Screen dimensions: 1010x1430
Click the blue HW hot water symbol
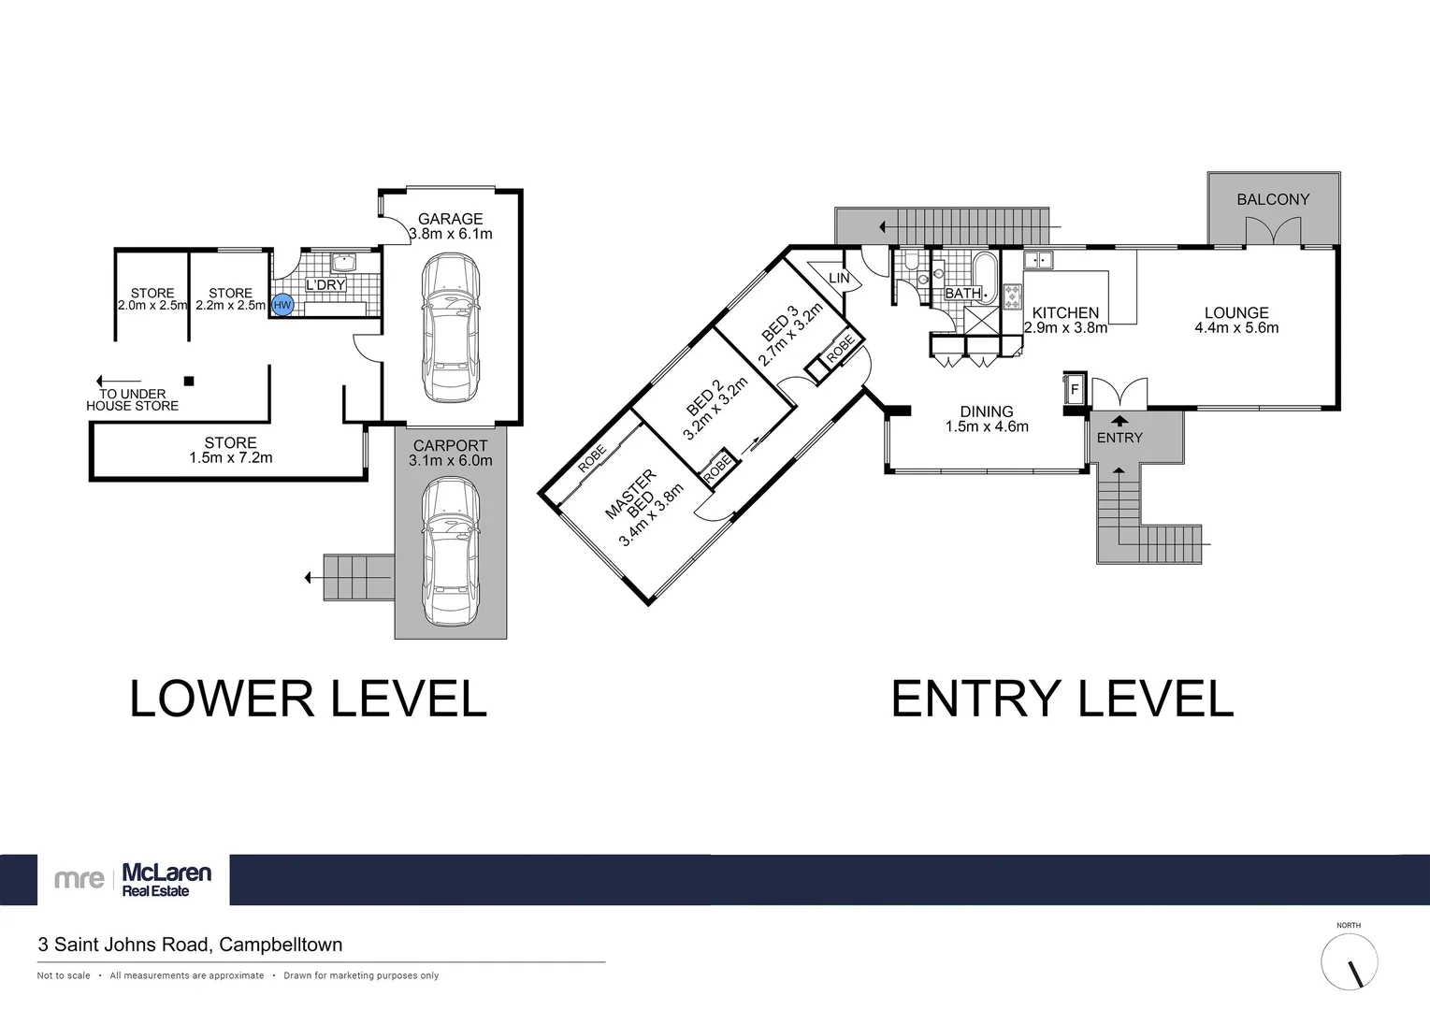pyautogui.click(x=282, y=305)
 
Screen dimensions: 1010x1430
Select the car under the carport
pyautogui.click(x=451, y=552)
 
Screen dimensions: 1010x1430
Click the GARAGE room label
pyautogui.click(x=450, y=219)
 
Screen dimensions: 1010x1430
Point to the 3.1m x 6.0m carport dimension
pyautogui.click(x=450, y=461)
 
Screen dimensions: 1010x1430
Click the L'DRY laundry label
pyautogui.click(x=325, y=285)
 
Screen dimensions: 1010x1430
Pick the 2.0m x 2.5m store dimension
pyautogui.click(x=152, y=306)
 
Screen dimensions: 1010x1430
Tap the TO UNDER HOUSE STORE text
pyautogui.click(x=132, y=400)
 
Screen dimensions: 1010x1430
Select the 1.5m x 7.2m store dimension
pyautogui.click(x=230, y=458)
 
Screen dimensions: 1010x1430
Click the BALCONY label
pyautogui.click(x=1273, y=199)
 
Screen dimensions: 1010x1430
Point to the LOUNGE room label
pyautogui.click(x=1236, y=313)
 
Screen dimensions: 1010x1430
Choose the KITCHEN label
pyautogui.click(x=1065, y=313)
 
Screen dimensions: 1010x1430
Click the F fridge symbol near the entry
pyautogui.click(x=1074, y=389)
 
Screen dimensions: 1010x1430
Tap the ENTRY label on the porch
pyautogui.click(x=1119, y=438)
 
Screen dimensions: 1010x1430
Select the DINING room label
pyautogui.click(x=987, y=411)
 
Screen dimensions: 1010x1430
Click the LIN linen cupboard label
pyautogui.click(x=839, y=279)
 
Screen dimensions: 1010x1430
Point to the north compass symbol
pyautogui.click(x=1349, y=962)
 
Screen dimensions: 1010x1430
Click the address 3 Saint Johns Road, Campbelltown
pyautogui.click(x=190, y=945)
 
